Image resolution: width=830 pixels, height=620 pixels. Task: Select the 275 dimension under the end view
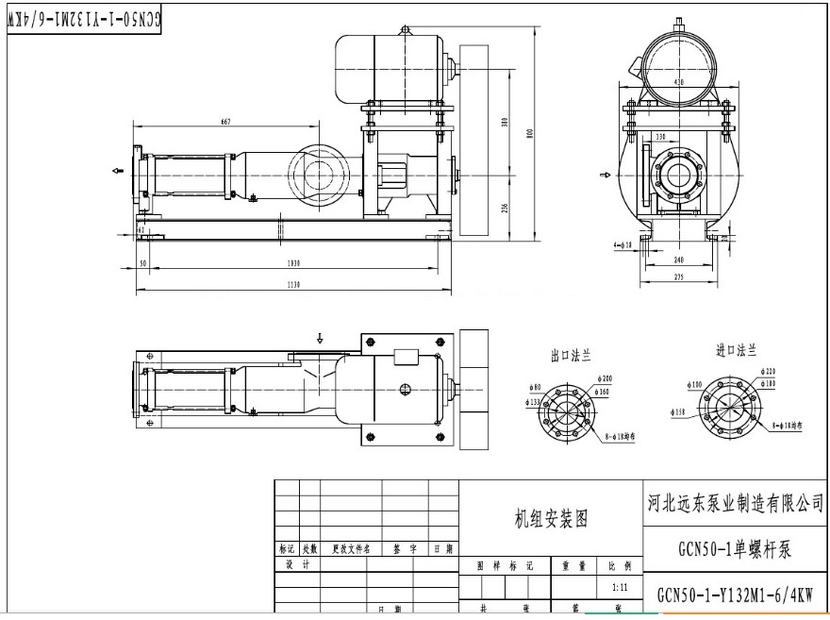679,276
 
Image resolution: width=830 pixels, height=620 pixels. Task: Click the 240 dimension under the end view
679,259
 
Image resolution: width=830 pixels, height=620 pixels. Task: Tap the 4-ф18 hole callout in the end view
622,244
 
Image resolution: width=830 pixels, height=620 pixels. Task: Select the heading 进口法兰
736,351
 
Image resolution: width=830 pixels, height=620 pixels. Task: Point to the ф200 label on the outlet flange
606,377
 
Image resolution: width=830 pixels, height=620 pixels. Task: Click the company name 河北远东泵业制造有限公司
737,504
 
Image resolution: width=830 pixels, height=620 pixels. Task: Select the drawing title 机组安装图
552,518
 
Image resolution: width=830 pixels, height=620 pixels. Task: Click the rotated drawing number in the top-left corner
84,19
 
